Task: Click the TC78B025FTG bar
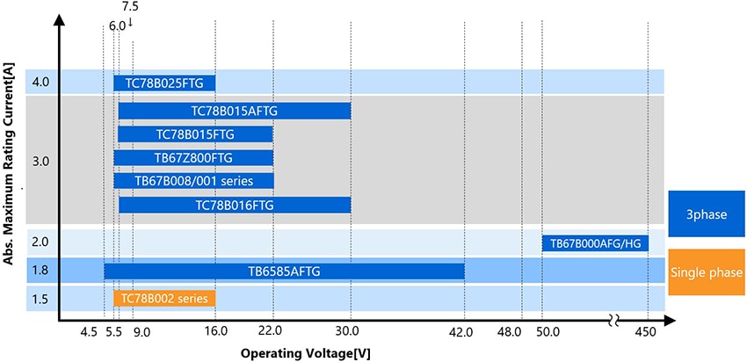(164, 83)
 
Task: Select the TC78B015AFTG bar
(235, 111)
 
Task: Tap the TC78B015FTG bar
(195, 134)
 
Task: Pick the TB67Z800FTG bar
(193, 157)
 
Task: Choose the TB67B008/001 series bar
(193, 180)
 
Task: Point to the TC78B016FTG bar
(235, 204)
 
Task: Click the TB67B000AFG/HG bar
(595, 243)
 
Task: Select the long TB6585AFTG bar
(284, 271)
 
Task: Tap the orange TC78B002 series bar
(164, 298)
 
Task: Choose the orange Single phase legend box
(707, 272)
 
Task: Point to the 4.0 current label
(40, 83)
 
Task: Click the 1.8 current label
(40, 271)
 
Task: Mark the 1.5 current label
(40, 299)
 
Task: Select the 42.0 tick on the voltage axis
(461, 332)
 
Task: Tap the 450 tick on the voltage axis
(647, 332)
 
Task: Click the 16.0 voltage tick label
(215, 332)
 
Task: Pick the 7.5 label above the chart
(130, 7)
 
